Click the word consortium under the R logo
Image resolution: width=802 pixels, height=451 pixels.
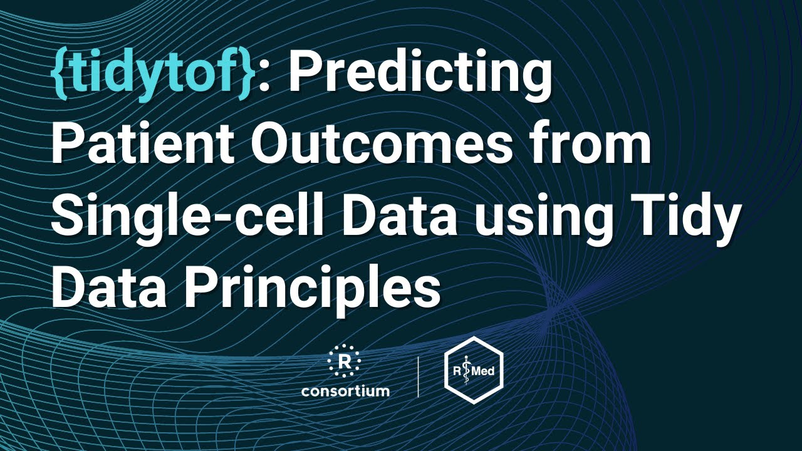click(x=345, y=391)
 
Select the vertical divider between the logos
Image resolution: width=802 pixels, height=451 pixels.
click(x=418, y=375)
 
